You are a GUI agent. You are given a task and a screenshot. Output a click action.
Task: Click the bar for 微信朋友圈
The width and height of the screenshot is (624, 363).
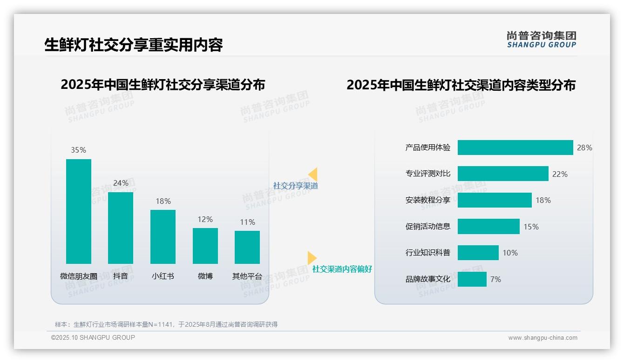pyautogui.click(x=79, y=211)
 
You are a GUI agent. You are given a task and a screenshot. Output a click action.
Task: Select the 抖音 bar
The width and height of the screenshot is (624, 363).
pyautogui.click(x=121, y=228)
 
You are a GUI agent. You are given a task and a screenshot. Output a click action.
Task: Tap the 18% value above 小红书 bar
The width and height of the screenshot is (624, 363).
pyautogui.click(x=163, y=201)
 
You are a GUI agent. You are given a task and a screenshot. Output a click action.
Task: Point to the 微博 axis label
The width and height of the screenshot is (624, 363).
pyautogui.click(x=205, y=276)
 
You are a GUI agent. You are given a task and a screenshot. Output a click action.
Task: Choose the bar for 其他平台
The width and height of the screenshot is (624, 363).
pyautogui.click(x=247, y=247)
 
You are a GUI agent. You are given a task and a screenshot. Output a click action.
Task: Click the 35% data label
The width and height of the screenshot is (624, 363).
pyautogui.click(x=78, y=150)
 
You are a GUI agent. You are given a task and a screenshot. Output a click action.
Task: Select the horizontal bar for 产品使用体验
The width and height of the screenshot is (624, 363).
pyautogui.click(x=515, y=148)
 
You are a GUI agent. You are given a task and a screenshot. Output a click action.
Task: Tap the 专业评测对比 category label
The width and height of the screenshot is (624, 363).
pyautogui.click(x=428, y=174)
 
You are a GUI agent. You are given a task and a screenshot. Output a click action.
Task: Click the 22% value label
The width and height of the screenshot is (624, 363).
pyautogui.click(x=560, y=174)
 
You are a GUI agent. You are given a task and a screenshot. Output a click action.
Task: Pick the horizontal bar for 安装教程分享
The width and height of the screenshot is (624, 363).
pyautogui.click(x=495, y=200)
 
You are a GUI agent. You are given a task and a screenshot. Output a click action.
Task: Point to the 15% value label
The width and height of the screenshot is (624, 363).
pyautogui.click(x=531, y=227)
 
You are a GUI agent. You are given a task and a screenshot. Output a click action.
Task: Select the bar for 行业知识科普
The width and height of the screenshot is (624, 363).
pyautogui.click(x=478, y=253)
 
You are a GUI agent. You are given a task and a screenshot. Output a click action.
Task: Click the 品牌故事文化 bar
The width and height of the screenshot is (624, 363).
pyautogui.click(x=472, y=279)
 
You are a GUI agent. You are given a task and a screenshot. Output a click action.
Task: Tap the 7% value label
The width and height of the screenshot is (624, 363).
pyautogui.click(x=495, y=279)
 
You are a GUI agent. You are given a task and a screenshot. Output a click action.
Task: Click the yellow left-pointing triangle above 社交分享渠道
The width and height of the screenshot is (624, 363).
pyautogui.click(x=313, y=174)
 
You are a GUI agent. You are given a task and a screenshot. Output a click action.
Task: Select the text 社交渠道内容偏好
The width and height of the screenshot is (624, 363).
pyautogui.click(x=342, y=269)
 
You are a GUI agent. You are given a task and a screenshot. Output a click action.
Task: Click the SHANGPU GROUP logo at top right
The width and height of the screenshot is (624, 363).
pyautogui.click(x=542, y=40)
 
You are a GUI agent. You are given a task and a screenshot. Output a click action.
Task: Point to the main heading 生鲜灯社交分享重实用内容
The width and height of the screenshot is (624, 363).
pyautogui.click(x=134, y=45)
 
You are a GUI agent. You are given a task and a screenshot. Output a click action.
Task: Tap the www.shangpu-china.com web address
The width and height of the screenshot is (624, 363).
pyautogui.click(x=543, y=338)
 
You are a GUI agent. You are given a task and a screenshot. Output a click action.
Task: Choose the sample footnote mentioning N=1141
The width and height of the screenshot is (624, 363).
pyautogui.click(x=166, y=324)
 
